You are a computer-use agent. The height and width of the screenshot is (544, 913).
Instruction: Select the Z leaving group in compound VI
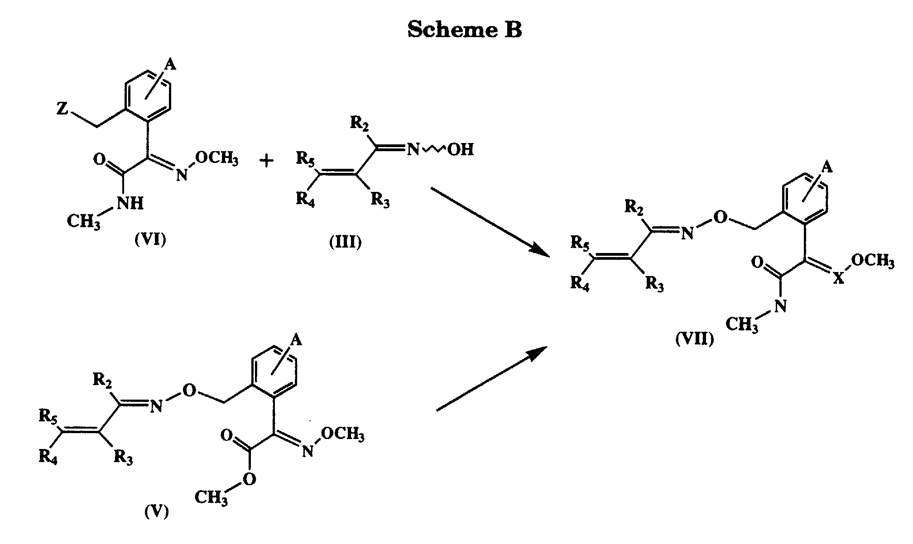pyautogui.click(x=62, y=109)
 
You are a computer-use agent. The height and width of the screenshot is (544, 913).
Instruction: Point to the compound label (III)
pyautogui.click(x=346, y=242)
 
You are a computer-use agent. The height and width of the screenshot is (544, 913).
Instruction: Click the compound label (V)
pyautogui.click(x=156, y=512)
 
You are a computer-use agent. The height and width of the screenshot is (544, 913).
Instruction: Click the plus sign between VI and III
pyautogui.click(x=267, y=160)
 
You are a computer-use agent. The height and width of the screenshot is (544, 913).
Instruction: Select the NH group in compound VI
pyautogui.click(x=130, y=204)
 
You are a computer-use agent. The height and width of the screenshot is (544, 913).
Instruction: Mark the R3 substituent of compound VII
pyautogui.click(x=654, y=284)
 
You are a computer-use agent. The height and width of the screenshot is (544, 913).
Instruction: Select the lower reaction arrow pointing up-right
pyautogui.click(x=492, y=379)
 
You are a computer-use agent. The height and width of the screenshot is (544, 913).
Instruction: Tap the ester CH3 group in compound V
pyautogui.click(x=211, y=498)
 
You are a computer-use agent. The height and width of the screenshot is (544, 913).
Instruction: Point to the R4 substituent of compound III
pyautogui.click(x=305, y=200)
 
